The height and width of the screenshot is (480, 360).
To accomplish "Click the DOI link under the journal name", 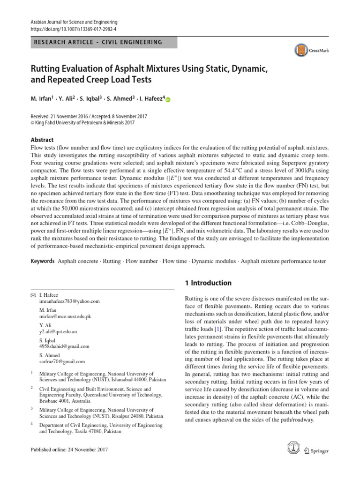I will [x=73, y=29].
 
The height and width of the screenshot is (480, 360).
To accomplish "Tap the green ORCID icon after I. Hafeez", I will [x=168, y=99].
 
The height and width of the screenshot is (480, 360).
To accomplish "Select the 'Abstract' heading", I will [x=42, y=140].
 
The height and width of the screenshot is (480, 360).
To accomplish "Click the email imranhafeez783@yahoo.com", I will [x=69, y=302].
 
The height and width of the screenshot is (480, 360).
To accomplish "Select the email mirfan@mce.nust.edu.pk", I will [x=65, y=316].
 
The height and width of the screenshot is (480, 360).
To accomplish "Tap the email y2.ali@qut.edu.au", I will [x=59, y=331].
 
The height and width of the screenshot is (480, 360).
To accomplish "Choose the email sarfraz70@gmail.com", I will [x=62, y=361].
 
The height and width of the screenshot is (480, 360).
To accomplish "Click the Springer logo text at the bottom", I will [x=320, y=451].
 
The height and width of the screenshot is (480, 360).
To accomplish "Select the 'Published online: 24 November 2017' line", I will [x=69, y=450].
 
